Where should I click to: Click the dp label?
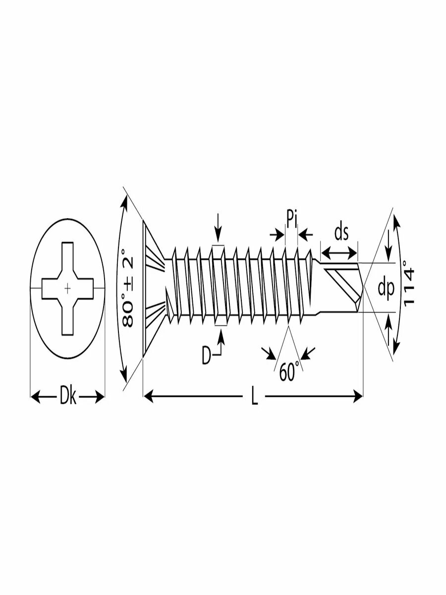[x=386, y=289]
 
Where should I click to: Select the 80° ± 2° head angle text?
[x=127, y=289]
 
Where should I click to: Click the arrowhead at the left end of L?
[x=148, y=396]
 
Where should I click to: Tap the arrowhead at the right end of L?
[x=357, y=396]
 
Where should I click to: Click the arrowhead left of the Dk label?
[x=36, y=397]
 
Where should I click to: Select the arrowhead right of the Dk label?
[x=100, y=397]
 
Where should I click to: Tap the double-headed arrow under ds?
[x=339, y=253]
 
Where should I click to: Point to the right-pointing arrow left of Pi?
[x=277, y=235]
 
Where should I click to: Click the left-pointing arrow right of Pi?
[x=305, y=235]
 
